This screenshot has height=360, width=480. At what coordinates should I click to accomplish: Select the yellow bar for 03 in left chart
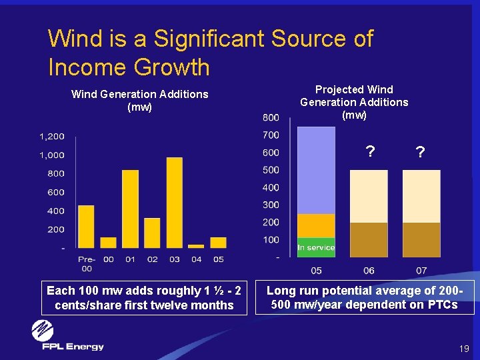pyautogui.click(x=174, y=202)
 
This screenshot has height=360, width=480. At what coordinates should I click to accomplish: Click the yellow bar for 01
pyautogui.click(x=130, y=209)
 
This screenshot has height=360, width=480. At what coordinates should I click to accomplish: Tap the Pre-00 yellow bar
pyautogui.click(x=86, y=226)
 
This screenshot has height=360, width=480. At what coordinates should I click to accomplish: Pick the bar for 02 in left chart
pyautogui.click(x=152, y=232)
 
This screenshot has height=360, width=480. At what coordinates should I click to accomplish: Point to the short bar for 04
pyautogui.click(x=196, y=245)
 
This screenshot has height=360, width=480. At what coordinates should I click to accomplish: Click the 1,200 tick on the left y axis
pyautogui.click(x=51, y=137)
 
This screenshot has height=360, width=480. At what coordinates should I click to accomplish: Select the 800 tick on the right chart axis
pyautogui.click(x=270, y=118)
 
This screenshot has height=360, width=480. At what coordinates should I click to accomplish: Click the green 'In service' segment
pyautogui.click(x=316, y=247)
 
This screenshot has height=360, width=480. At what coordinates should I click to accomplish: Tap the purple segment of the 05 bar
pyautogui.click(x=316, y=171)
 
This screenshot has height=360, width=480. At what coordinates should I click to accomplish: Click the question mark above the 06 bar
pyautogui.click(x=369, y=153)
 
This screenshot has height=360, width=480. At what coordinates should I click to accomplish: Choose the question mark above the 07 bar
pyautogui.click(x=419, y=153)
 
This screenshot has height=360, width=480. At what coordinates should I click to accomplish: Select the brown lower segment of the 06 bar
pyautogui.click(x=369, y=239)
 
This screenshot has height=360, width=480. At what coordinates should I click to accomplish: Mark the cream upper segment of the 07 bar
pyautogui.click(x=421, y=196)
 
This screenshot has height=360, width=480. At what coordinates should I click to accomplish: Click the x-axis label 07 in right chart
pyautogui.click(x=421, y=270)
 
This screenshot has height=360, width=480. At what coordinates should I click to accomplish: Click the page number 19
pyautogui.click(x=464, y=349)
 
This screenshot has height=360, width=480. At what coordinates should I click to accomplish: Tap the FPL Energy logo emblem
pyautogui.click(x=43, y=331)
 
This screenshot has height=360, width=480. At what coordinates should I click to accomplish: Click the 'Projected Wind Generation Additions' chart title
pyautogui.click(x=354, y=102)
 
